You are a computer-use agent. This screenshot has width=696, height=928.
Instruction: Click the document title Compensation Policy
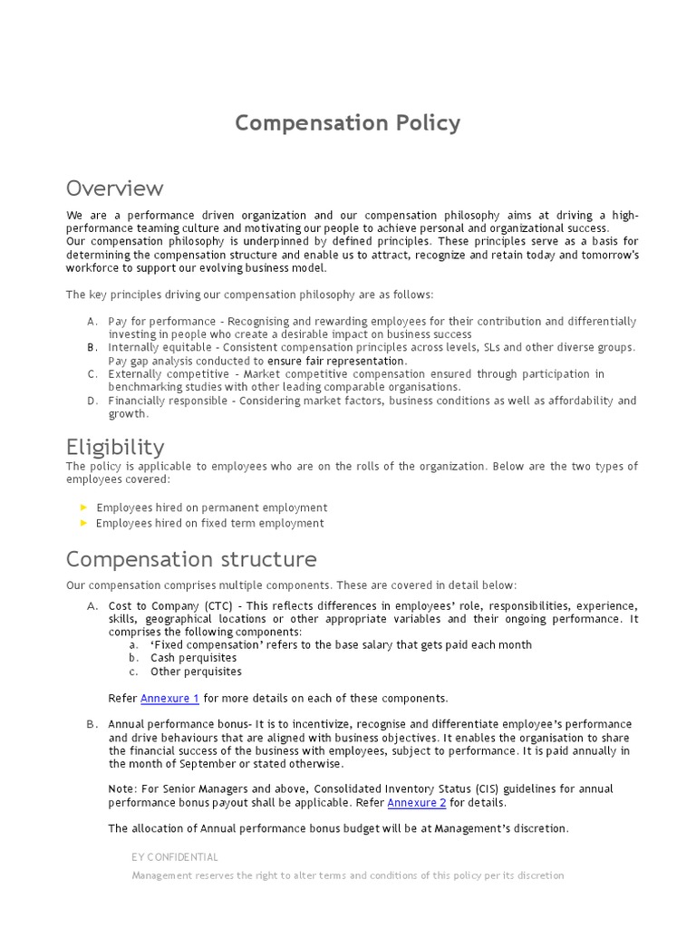click(348, 122)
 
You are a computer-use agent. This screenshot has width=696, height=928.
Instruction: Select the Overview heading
click(115, 188)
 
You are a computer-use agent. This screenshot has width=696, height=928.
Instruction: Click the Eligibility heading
click(115, 447)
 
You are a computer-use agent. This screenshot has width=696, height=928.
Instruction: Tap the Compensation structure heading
click(191, 558)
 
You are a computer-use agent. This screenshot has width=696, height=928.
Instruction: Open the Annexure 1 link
click(169, 698)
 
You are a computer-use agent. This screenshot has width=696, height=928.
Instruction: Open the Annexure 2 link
click(417, 802)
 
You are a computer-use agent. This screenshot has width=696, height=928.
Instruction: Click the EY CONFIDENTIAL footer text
click(175, 856)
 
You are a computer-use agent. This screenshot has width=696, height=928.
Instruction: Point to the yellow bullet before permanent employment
click(85, 507)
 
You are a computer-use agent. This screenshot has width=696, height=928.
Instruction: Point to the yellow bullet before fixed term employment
click(85, 523)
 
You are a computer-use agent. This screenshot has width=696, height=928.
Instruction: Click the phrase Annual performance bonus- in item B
click(181, 724)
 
